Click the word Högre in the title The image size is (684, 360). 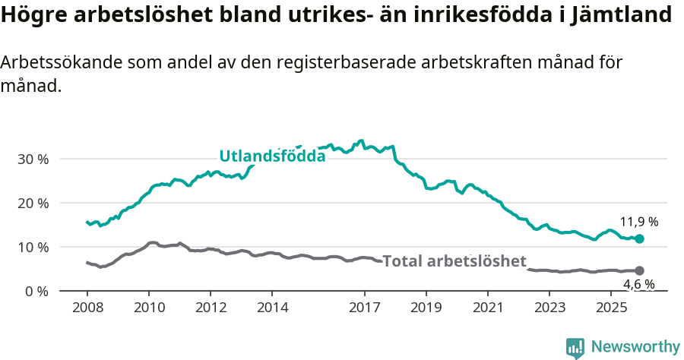pos(32,15)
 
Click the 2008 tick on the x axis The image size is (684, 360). pos(87,308)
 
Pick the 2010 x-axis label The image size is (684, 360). pos(149,308)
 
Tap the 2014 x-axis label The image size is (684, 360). pos(272,308)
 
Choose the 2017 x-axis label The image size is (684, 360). pos(365,308)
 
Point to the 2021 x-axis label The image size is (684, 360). pos(488,308)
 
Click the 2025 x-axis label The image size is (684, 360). pos(611,308)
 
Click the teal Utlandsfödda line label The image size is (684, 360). pos(272,156)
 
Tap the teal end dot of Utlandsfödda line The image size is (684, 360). pos(639,238)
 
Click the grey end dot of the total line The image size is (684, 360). pos(639,270)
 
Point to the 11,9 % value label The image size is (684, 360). pos(638,223)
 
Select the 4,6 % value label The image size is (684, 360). pos(638,286)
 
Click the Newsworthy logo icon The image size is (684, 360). pos(575,347)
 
